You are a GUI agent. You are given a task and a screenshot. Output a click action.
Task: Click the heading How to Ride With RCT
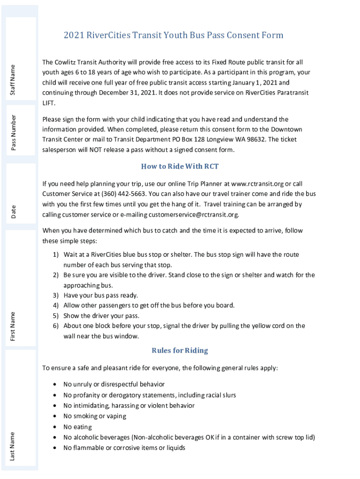click(x=180, y=167)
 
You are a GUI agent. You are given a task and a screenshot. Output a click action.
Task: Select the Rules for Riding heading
click(x=180, y=350)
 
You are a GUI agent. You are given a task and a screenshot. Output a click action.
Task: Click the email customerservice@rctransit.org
click(x=194, y=215)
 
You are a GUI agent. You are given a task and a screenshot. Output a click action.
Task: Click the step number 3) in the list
click(x=55, y=295)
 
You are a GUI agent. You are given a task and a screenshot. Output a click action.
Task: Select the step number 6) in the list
click(x=55, y=326)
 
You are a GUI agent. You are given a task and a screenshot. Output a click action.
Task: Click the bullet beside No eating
click(x=55, y=427)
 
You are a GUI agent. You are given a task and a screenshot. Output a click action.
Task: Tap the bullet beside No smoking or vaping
click(x=55, y=416)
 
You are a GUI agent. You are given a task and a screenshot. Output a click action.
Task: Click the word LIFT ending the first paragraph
click(x=49, y=102)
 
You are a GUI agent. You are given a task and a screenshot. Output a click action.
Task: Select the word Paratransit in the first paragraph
click(x=290, y=93)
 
